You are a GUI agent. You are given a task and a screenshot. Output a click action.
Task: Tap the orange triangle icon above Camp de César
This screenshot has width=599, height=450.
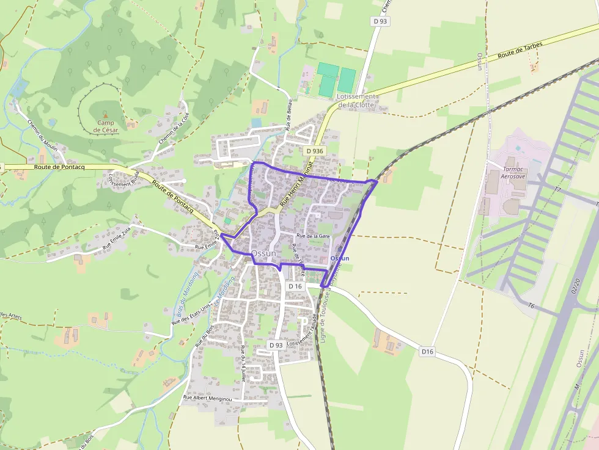click(x=105, y=115)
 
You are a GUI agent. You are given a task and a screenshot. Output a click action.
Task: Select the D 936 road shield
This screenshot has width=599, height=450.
click(x=314, y=151)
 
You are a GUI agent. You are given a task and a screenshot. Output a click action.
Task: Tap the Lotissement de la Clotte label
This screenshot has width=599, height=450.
click(x=357, y=101)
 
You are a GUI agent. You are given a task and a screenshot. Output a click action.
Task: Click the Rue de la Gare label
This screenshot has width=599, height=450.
click(x=313, y=236)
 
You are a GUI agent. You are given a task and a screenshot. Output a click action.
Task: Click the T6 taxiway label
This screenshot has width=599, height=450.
click(x=531, y=305)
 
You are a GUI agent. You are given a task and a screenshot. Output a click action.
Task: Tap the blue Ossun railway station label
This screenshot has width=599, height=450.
click(x=339, y=258)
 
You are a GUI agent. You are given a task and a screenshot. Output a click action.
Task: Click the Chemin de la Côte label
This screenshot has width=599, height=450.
click(x=174, y=128)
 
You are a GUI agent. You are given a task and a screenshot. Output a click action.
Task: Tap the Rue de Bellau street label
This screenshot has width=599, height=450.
click(x=288, y=116)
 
